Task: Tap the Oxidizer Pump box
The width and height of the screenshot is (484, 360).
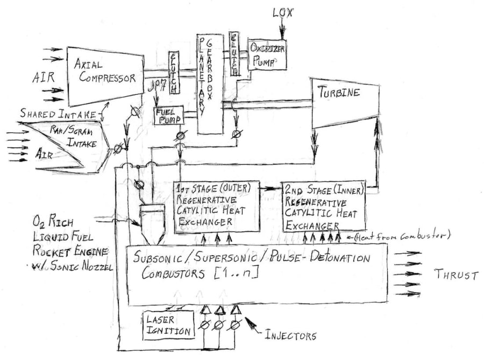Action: tap(267, 54)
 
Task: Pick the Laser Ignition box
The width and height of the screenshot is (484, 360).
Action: tap(168, 325)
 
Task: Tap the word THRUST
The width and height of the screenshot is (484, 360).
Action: tap(457, 276)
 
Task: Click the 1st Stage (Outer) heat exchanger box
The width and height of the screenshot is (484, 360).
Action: tap(216, 207)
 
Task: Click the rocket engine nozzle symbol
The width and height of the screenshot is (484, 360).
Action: tap(152, 220)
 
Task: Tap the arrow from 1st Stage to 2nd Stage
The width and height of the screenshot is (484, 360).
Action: tap(271, 188)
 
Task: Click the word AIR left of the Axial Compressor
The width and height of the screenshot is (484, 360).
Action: tap(42, 77)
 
